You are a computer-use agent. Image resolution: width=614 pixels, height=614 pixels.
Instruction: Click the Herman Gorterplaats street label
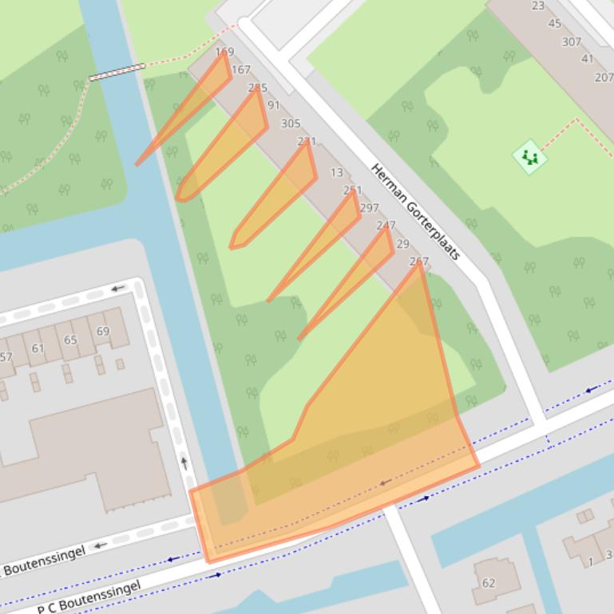(x=416, y=211)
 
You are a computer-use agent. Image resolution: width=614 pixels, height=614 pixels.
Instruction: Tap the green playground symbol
(x=529, y=157)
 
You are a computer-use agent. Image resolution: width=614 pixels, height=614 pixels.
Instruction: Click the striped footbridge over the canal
(x=117, y=73)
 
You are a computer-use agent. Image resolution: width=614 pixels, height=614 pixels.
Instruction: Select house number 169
(x=224, y=53)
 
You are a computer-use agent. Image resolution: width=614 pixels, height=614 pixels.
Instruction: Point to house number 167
(x=240, y=70)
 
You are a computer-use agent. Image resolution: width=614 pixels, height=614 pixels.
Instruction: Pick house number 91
(x=274, y=105)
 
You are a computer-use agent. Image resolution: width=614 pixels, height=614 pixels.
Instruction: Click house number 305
(x=291, y=124)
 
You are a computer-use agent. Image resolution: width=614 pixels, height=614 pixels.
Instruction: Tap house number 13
(x=336, y=172)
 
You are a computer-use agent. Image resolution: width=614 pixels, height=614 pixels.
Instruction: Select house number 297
(x=369, y=208)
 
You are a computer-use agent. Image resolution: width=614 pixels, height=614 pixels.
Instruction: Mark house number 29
(x=402, y=244)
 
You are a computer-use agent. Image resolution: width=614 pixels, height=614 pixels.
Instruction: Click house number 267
(x=418, y=262)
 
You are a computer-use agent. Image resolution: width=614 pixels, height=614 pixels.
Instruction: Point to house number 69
(x=103, y=332)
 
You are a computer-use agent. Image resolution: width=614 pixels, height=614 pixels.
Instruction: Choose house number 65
(x=70, y=340)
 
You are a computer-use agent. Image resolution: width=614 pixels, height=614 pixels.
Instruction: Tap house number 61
(x=38, y=348)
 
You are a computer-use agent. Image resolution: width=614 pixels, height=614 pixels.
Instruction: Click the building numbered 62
(x=489, y=583)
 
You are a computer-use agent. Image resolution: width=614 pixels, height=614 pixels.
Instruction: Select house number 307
(x=571, y=41)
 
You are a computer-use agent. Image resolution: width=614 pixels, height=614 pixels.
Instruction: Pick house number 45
(x=554, y=24)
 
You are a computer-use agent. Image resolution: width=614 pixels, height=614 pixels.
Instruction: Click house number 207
(x=604, y=77)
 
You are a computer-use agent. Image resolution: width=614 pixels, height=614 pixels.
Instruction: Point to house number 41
(x=587, y=59)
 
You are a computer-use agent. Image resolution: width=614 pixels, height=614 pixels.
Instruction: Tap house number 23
(x=538, y=6)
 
